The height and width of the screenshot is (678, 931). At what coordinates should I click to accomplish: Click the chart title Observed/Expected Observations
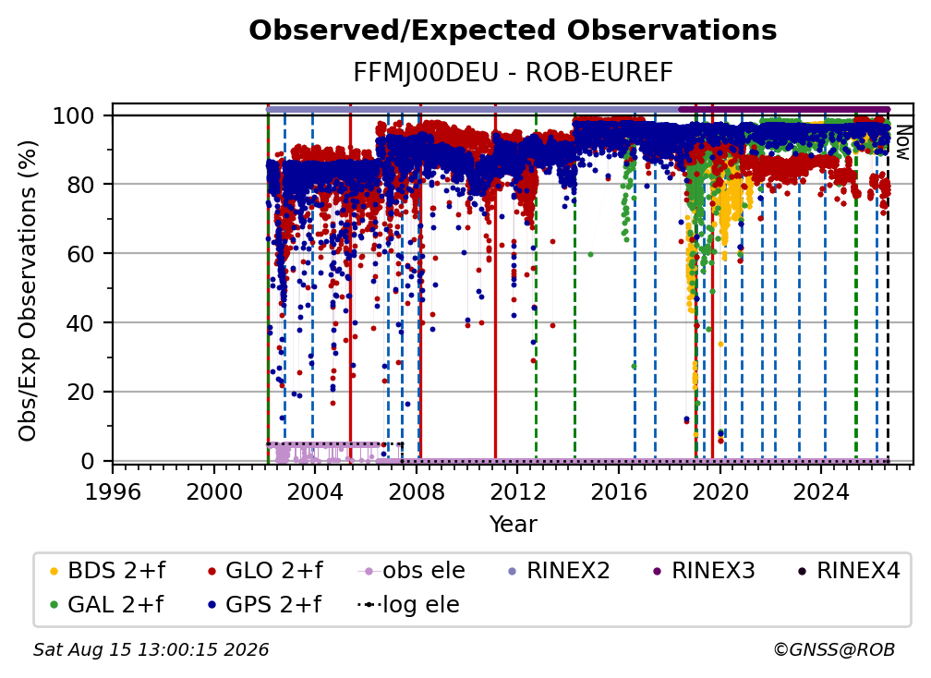click(x=513, y=30)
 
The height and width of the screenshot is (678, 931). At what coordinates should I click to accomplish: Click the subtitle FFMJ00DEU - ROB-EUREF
click(x=513, y=73)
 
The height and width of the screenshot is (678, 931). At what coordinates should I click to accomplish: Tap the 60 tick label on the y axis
click(x=80, y=253)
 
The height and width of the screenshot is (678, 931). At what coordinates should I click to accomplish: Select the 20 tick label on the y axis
click(x=80, y=392)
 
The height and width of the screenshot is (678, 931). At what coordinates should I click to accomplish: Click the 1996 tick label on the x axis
click(x=113, y=491)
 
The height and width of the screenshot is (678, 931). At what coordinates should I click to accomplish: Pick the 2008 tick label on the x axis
click(x=417, y=491)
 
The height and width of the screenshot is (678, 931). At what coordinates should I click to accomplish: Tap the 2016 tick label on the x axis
click(x=619, y=491)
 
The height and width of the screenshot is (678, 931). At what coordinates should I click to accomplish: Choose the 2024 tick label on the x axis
click(x=821, y=491)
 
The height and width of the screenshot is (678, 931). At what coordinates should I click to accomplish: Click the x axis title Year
click(x=513, y=525)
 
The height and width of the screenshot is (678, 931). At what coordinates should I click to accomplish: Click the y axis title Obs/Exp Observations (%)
click(x=28, y=291)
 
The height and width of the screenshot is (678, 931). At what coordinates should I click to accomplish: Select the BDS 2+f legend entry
click(x=108, y=571)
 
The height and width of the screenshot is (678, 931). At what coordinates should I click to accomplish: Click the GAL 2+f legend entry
click(x=107, y=604)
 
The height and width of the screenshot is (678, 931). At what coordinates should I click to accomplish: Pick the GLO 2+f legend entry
click(x=265, y=571)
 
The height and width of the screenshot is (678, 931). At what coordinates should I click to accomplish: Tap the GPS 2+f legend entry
click(x=264, y=604)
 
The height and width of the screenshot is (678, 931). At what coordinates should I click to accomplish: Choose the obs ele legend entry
click(x=412, y=571)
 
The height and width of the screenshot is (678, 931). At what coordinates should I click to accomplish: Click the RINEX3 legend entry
click(x=704, y=571)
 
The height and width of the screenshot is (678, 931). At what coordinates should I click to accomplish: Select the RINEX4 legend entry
click(x=849, y=571)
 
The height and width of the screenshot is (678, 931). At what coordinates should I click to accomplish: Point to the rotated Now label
click(x=902, y=142)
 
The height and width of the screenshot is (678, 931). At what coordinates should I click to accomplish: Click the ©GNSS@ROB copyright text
click(x=834, y=649)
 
